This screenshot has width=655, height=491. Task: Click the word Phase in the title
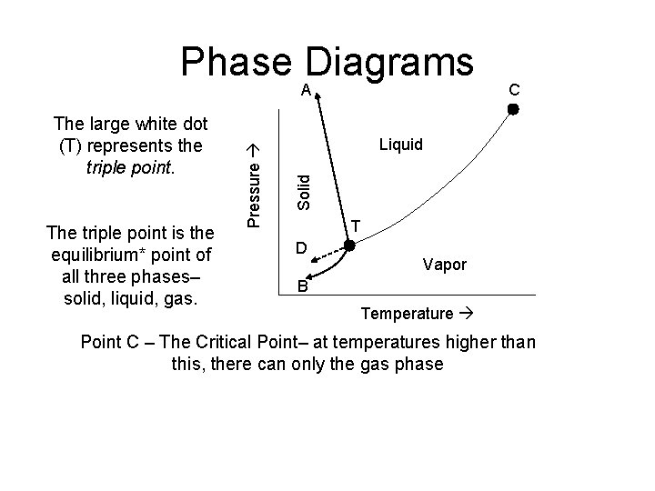(235, 62)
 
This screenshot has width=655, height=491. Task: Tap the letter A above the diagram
(307, 89)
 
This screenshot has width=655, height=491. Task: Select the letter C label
(514, 89)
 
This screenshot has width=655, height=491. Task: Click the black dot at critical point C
(512, 109)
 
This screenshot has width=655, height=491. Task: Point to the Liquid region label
(401, 144)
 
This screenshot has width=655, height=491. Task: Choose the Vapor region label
(445, 265)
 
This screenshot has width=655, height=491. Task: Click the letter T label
(358, 225)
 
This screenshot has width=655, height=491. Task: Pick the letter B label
(304, 290)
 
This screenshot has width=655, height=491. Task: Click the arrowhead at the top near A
(318, 101)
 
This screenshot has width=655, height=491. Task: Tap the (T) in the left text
(75, 145)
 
